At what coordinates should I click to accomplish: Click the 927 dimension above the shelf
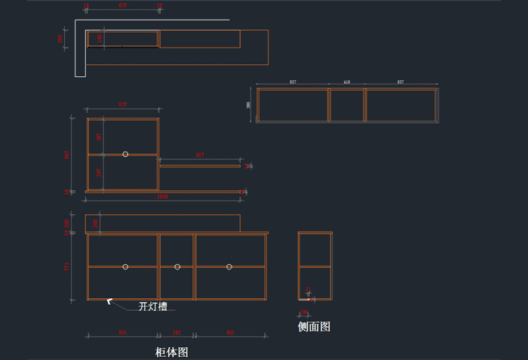(x=200, y=155)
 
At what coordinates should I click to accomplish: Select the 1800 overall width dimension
(x=162, y=197)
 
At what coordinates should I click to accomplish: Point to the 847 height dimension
(x=67, y=154)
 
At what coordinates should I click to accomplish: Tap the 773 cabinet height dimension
(x=67, y=266)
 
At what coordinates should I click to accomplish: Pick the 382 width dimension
(x=177, y=332)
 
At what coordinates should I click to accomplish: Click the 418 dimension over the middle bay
(x=347, y=82)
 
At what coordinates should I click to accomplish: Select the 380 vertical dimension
(x=249, y=105)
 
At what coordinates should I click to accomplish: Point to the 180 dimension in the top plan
(x=99, y=38)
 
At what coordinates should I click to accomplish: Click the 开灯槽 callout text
(x=152, y=306)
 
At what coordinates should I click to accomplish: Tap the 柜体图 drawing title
(x=171, y=352)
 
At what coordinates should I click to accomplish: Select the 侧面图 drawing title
(x=314, y=327)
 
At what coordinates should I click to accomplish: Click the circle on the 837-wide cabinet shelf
(x=125, y=154)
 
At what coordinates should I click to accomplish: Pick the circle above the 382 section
(x=177, y=266)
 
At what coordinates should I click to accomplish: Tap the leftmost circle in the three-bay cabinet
(x=125, y=266)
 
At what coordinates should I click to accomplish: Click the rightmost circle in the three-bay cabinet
(x=229, y=266)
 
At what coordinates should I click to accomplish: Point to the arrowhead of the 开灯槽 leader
(x=109, y=301)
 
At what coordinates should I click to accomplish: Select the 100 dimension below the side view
(x=303, y=312)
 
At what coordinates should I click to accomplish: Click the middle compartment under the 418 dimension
(x=347, y=106)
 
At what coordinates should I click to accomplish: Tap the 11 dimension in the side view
(x=308, y=289)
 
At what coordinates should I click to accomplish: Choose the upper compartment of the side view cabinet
(x=315, y=249)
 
